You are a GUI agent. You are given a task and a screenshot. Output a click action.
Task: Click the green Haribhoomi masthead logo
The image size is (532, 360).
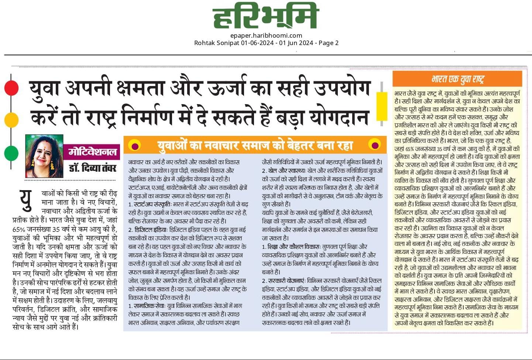[265, 17]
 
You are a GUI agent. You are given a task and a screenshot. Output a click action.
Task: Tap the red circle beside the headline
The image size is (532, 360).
[11, 88]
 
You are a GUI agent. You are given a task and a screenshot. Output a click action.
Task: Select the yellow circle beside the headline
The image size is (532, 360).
[11, 120]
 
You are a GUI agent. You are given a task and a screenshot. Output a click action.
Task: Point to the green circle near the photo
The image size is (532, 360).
[11, 153]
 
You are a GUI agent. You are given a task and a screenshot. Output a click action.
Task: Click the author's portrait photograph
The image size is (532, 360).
[44, 156]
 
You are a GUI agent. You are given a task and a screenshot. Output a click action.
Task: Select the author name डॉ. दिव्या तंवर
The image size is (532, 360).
[92, 168]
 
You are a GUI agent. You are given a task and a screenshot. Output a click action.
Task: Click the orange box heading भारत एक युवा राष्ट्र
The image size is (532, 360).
[457, 79]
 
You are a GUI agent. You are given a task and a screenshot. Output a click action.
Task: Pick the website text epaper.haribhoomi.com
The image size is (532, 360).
[266, 35]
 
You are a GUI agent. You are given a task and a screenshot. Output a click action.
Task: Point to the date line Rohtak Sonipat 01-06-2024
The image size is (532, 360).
[266, 43]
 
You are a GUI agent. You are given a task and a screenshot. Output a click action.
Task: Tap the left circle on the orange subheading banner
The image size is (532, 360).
[135, 146]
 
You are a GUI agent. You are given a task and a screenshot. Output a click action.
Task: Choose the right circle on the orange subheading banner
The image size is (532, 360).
[374, 145]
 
